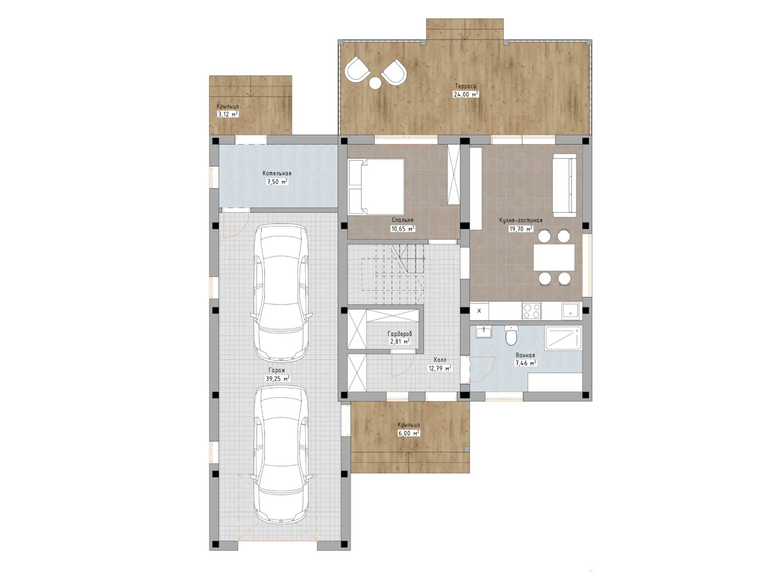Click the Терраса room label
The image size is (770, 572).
point(465,86)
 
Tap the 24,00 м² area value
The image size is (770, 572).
point(466,94)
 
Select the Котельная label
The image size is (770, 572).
point(277,173)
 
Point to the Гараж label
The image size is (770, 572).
point(277,370)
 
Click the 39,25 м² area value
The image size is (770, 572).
point(277,379)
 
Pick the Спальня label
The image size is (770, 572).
point(402,220)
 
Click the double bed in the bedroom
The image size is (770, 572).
point(376,186)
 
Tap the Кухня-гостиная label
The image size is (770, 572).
point(520,220)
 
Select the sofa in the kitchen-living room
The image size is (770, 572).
point(564,185)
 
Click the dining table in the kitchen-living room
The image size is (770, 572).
point(554,257)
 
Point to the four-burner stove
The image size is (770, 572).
point(532,311)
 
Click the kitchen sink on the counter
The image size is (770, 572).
point(570,311)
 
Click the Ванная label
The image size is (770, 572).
point(525,355)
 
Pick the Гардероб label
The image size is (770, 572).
point(400,334)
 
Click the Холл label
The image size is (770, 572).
point(440,360)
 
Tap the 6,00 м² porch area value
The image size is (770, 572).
point(409,433)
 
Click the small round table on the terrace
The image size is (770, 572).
point(375,83)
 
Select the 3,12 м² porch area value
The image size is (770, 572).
point(228,114)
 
